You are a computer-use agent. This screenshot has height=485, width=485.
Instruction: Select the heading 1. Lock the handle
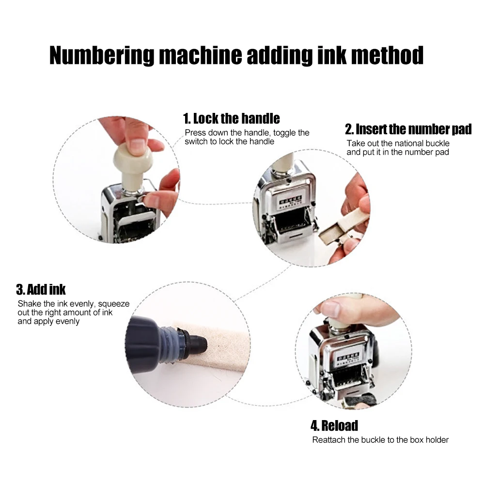231,118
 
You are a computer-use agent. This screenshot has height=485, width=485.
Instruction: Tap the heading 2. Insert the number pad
408,129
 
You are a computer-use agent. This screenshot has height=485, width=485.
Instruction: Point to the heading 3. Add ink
41,290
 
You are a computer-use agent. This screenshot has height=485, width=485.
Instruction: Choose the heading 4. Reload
334,426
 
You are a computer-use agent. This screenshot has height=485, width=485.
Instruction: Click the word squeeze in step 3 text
114,304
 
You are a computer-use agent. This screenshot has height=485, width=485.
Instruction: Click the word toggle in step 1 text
285,133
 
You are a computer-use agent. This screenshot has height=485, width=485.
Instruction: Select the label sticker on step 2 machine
289,202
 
